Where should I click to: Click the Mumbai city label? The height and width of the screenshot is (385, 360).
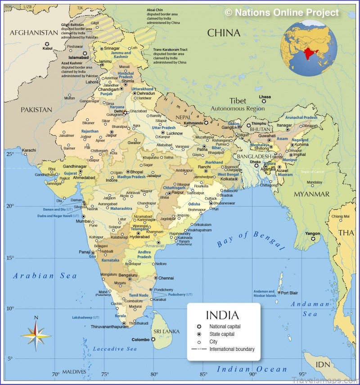coord(83,222)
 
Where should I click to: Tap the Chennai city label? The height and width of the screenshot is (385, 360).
coord(166,278)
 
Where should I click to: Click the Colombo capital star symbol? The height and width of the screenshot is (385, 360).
coord(153,340)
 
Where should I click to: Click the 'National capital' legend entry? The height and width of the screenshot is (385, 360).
coord(225,326)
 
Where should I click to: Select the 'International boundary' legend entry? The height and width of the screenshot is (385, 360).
coord(231,349)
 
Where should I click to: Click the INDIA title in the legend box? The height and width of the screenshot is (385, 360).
coord(222,315)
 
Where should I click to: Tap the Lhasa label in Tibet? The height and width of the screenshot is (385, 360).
coord(265,97)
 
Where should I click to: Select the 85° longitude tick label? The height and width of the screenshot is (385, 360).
coord(203,374)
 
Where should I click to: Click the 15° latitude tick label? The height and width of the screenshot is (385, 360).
coord(10,258)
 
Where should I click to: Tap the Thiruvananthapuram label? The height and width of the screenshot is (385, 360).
coord(110,326)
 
